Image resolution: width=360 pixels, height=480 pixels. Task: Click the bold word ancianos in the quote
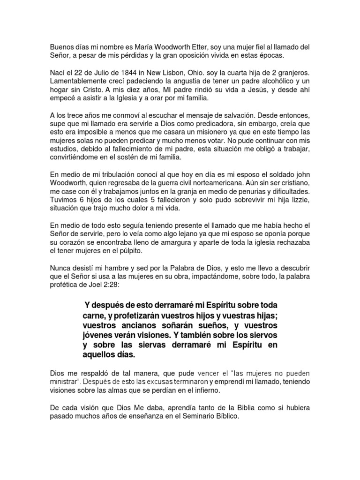pyautogui.click(x=132, y=325)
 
